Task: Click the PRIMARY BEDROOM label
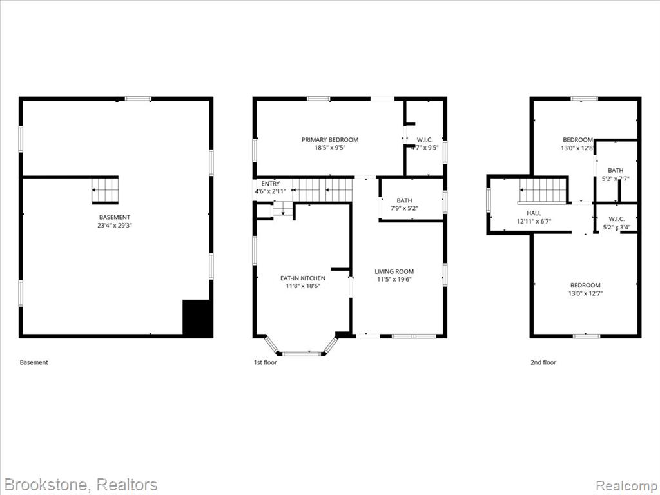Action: [x=330, y=140]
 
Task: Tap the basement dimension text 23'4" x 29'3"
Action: [x=115, y=226]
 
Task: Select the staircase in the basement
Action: [x=105, y=191]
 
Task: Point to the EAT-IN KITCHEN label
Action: [x=303, y=278]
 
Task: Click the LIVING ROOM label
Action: [x=394, y=271]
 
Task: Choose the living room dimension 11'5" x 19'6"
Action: [x=394, y=280]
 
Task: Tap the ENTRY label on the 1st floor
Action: [x=270, y=184]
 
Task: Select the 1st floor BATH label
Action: [x=405, y=200]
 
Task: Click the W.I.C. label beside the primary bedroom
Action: [x=425, y=140]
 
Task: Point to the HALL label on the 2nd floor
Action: [x=534, y=213]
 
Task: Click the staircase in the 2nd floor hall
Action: [x=543, y=191]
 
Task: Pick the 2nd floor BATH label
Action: [x=616, y=170]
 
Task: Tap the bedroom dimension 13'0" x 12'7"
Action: [x=585, y=293]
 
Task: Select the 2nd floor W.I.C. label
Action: [x=617, y=219]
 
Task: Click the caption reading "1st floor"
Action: [x=265, y=362]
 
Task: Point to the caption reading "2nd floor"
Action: [x=543, y=362]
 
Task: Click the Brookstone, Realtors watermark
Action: [x=81, y=485]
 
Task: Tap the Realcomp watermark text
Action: [x=626, y=486]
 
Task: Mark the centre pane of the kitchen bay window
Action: [x=302, y=354]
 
